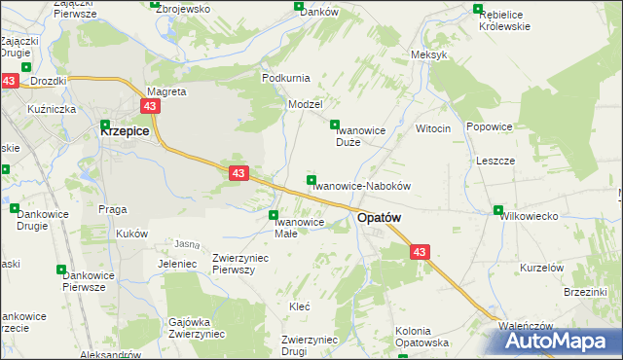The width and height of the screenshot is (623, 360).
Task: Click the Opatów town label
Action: (379, 219)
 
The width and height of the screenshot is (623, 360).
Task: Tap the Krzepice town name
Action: (125, 128)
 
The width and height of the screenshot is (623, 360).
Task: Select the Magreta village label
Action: (165, 91)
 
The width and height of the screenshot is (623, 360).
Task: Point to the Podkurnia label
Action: (285, 77)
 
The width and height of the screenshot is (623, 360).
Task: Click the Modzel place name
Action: (305, 103)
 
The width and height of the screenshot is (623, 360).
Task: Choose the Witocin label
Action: (433, 128)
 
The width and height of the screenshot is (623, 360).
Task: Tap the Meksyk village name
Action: (429, 54)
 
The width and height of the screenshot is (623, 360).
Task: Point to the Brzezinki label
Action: (585, 291)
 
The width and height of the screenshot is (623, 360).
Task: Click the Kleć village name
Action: (300, 306)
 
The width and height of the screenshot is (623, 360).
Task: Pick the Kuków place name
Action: (131, 234)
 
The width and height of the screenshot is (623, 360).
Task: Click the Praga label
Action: (113, 208)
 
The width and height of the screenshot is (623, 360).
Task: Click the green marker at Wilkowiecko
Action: (498, 210)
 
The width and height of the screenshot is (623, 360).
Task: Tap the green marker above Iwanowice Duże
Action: (335, 125)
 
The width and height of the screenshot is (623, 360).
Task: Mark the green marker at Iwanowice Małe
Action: (275, 215)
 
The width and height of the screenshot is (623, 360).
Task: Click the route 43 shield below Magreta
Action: (150, 107)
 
